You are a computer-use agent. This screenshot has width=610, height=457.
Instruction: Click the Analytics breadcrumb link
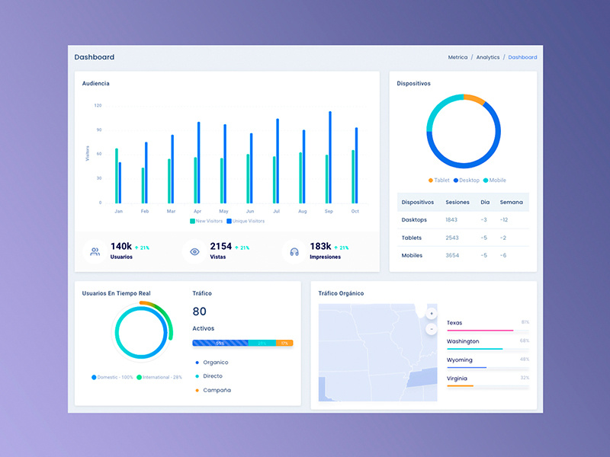(488, 57)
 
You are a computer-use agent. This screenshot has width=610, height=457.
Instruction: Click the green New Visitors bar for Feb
(143, 185)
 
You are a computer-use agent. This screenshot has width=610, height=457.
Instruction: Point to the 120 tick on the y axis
(98, 105)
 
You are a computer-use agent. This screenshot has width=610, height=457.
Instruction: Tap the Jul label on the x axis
(276, 211)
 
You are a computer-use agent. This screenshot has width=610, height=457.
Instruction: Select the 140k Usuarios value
(121, 246)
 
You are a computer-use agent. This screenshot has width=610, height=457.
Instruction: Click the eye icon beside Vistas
(194, 251)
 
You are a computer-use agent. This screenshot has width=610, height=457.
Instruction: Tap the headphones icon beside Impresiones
(294, 251)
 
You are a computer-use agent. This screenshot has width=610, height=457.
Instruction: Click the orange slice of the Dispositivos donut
(474, 99)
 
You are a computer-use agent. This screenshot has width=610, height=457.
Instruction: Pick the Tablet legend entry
(439, 181)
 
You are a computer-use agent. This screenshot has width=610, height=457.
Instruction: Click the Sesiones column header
(457, 202)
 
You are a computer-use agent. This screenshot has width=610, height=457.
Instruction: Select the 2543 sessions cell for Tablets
(452, 238)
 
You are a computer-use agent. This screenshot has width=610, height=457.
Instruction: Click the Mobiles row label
(412, 255)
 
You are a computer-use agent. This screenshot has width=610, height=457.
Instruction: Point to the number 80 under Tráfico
(200, 312)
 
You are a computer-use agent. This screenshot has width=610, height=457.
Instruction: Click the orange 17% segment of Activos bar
(284, 344)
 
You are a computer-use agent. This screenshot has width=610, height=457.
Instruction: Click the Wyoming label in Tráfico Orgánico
(460, 360)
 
